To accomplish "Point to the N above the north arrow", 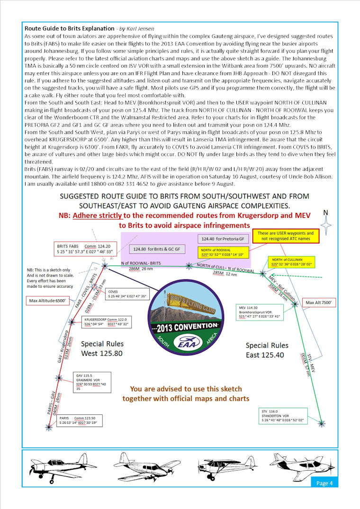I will click(325, 213).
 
